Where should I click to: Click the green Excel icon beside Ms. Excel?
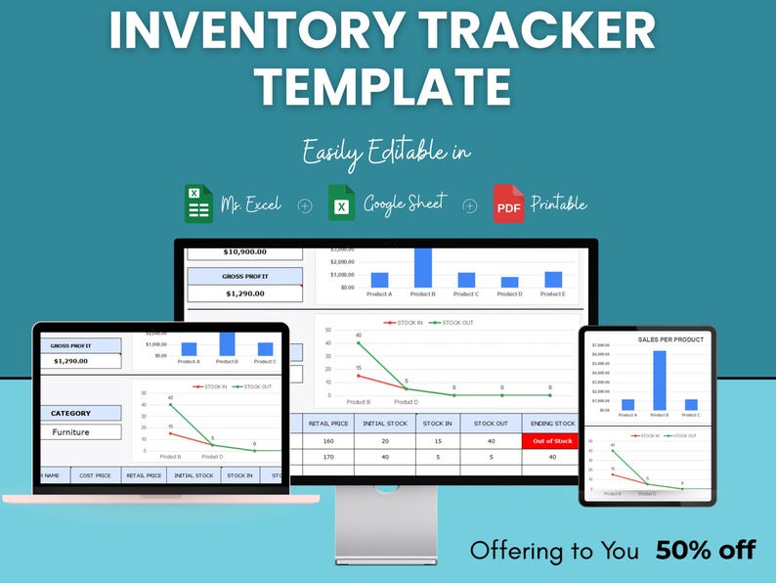click(x=198, y=203)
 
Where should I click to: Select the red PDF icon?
click(x=508, y=203)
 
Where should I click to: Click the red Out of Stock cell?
click(x=552, y=441)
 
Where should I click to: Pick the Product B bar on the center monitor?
click(x=422, y=267)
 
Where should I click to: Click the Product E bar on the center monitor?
click(x=553, y=280)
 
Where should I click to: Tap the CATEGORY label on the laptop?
click(x=71, y=413)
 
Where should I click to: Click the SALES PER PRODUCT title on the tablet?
click(x=670, y=339)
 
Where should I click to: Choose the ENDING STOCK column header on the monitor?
click(x=552, y=424)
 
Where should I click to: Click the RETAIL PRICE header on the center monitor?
click(x=329, y=424)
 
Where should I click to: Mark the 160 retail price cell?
click(x=329, y=441)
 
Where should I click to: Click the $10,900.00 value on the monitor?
click(x=245, y=251)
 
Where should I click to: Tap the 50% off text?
click(x=706, y=550)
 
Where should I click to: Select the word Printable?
click(x=558, y=203)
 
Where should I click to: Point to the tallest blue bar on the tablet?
click(x=660, y=380)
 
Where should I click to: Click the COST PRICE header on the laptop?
click(x=95, y=475)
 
